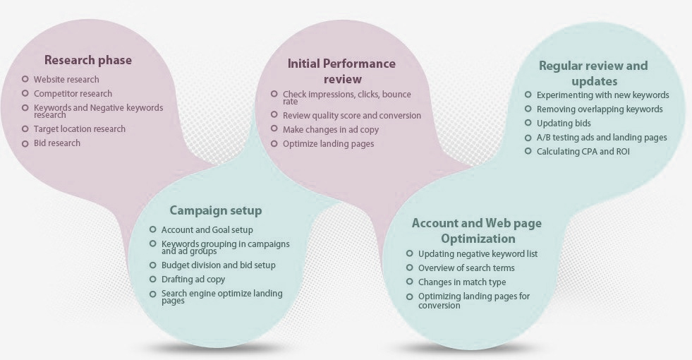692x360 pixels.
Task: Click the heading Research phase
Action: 88,60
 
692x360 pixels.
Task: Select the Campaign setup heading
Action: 216,210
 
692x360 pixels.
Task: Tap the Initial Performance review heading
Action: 341,71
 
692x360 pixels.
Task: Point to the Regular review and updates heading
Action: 593,73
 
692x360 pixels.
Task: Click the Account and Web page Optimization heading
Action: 477,231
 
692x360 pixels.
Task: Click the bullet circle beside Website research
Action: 25,79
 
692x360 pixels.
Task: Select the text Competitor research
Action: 73,94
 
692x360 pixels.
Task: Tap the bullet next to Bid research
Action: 25,143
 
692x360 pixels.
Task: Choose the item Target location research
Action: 80,129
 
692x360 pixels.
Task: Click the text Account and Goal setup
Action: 207,229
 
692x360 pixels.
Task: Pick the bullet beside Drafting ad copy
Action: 152,279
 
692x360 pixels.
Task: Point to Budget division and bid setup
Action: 219,265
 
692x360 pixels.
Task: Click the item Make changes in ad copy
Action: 331,130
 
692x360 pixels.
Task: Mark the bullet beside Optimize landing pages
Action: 274,143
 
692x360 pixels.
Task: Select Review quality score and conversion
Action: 352,116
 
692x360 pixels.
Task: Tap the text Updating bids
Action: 564,124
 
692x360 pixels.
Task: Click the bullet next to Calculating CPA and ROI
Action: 528,151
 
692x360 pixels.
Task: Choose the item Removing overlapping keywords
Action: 600,109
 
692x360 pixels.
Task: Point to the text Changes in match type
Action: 462,282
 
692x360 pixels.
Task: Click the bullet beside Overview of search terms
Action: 410,268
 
